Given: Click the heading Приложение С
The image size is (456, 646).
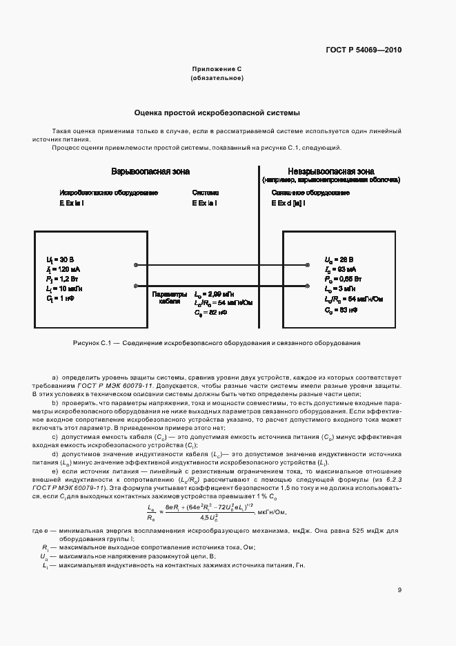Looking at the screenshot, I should pyautogui.click(x=217, y=70).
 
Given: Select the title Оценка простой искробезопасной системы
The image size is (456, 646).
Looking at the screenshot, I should pyautogui.click(x=217, y=112).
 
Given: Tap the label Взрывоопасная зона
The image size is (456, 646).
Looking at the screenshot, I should pyautogui.click(x=150, y=171).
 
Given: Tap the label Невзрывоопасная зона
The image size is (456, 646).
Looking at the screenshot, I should pyautogui.click(x=331, y=171).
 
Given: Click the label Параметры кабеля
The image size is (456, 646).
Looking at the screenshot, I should pyautogui.click(x=168, y=297).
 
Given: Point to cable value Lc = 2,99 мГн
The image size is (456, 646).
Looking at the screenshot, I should pyautogui.click(x=215, y=293).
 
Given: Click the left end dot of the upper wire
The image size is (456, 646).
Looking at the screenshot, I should pyautogui.click(x=135, y=265).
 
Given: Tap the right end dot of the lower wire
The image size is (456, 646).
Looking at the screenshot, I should pyautogui.click(x=305, y=283).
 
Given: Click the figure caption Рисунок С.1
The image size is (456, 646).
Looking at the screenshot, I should pyautogui.click(x=217, y=342).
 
